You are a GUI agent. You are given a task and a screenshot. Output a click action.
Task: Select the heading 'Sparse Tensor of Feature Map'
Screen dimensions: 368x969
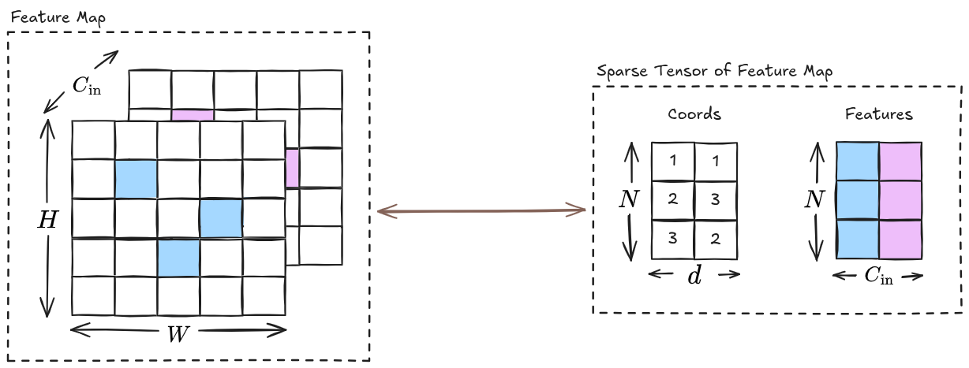[715, 71]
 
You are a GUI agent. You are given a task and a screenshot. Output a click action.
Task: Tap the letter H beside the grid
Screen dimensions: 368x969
[48, 221]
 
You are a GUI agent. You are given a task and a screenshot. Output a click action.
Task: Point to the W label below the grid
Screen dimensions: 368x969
[178, 332]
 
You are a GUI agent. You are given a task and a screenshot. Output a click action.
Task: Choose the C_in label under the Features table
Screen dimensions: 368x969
[878, 277]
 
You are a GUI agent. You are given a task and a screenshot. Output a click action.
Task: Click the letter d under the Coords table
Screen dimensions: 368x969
[694, 277]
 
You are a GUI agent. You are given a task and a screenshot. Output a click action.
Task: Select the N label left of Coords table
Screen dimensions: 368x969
[628, 200]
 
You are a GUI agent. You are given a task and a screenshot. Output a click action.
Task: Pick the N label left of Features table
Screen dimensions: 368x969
[814, 200]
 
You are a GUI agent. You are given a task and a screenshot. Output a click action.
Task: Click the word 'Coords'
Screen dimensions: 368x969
[694, 114]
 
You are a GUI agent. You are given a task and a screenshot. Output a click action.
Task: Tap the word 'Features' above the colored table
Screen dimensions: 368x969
[878, 114]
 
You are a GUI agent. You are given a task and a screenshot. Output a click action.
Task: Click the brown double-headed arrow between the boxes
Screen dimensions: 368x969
[481, 210]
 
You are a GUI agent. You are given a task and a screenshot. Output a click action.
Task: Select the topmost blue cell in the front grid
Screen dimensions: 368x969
[136, 179]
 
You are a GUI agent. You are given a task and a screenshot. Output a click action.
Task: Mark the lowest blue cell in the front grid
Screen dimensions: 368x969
[178, 258]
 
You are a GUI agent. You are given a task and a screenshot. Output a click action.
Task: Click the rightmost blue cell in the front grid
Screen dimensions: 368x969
[221, 218]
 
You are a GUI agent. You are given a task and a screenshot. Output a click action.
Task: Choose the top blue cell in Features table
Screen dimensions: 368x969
[857, 162]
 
